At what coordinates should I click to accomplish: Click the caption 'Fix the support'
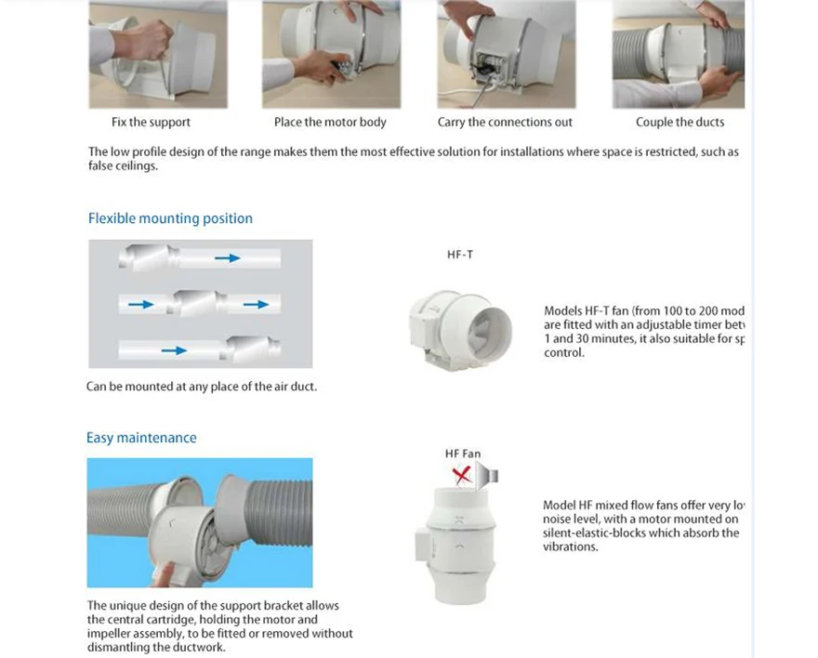coord(151,122)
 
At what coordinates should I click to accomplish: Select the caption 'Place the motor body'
coord(330,122)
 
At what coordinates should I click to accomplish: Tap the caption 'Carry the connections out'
coord(505,122)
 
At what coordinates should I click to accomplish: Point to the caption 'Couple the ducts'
coord(679,122)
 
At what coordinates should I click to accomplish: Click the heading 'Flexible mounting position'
coord(170,218)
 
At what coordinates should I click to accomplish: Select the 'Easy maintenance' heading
coord(141,438)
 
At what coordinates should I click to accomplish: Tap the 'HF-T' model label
coord(460,255)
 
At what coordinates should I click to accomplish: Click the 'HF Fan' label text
coord(463,454)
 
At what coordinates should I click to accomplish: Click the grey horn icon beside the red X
coord(487,477)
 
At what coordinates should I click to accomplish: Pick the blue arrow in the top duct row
coord(228,257)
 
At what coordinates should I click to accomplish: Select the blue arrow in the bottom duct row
coord(174,350)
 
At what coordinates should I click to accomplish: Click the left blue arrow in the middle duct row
coord(141,304)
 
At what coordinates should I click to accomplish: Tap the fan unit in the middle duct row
coord(197,303)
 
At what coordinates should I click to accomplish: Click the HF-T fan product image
coord(461,324)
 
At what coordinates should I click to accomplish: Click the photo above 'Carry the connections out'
coord(507,54)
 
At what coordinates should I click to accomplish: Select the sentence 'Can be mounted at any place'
coord(202,387)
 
